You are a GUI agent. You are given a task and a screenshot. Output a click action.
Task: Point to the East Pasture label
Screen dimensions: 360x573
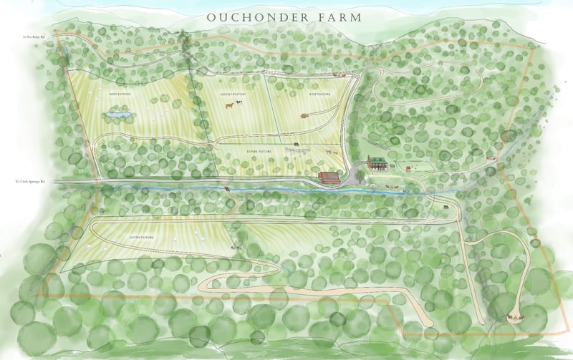(x=300, y=93)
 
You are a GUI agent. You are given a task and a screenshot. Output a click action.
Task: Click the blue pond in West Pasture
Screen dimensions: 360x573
(x=117, y=114)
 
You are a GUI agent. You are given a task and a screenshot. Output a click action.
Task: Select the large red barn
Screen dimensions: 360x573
(x=328, y=177)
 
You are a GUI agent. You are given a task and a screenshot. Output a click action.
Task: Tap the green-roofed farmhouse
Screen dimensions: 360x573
(x=377, y=162)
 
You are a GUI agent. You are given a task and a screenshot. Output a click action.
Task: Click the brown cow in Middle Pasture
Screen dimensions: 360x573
(x=229, y=106)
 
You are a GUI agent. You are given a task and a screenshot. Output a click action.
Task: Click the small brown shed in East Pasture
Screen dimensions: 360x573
(x=304, y=115)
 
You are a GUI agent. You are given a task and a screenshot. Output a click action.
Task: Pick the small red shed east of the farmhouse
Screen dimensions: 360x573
(x=407, y=169)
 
